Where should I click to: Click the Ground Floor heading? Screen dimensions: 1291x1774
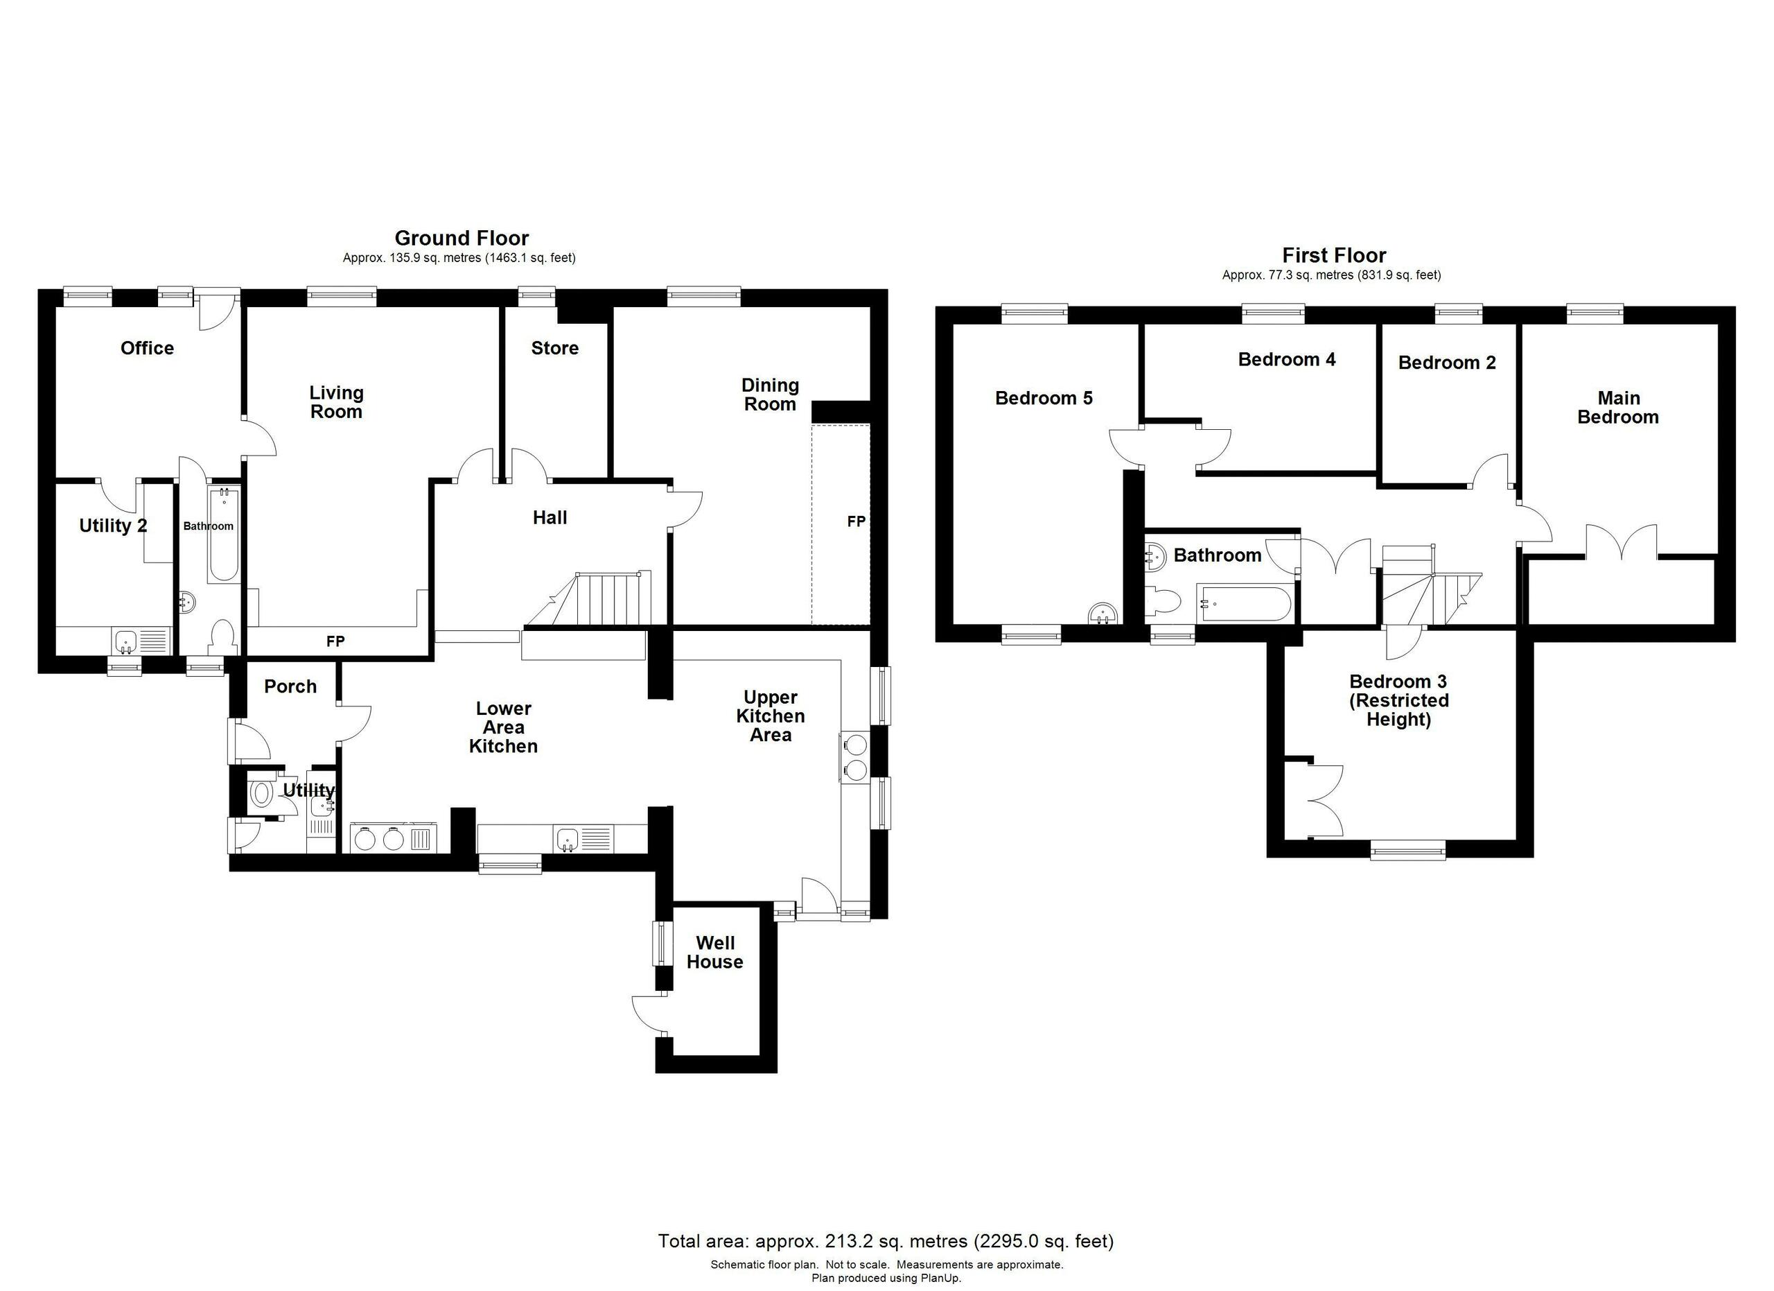click(462, 238)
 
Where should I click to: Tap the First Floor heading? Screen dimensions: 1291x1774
click(1334, 255)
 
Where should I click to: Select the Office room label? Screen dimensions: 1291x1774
click(147, 348)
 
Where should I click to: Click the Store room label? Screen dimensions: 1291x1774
click(554, 348)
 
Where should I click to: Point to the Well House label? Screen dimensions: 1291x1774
click(714, 952)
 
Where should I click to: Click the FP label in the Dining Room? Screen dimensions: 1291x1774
click(856, 521)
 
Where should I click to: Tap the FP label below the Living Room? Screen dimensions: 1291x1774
click(335, 641)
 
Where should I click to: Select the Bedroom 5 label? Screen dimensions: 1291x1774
click(1043, 398)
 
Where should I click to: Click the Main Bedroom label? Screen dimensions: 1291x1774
click(1617, 408)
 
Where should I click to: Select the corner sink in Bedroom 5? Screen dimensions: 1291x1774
click(1104, 614)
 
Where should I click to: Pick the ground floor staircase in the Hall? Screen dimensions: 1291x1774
click(598, 599)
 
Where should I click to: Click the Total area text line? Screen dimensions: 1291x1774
click(886, 1241)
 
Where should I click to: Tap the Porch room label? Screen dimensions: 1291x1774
click(290, 686)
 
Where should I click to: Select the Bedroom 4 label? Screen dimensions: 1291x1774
click(1286, 360)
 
